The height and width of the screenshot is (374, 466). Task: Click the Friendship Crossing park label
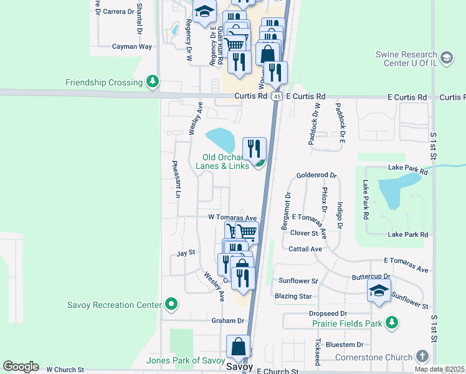coord(104,82)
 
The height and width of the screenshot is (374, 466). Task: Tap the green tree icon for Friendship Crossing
coord(152,82)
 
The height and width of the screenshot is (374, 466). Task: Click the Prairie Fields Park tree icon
coord(392,322)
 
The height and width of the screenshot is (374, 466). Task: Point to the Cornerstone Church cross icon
coord(422,356)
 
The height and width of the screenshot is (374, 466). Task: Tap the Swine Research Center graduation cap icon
coord(446,59)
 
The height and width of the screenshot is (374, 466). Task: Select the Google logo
coord(21,367)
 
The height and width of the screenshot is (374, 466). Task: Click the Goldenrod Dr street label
coord(316,176)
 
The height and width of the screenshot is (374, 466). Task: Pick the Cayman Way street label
coord(132,47)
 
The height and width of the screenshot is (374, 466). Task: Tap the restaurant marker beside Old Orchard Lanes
coord(254,149)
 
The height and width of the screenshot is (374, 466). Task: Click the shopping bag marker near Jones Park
coord(238,347)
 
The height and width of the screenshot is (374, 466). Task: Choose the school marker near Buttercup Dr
coord(379,291)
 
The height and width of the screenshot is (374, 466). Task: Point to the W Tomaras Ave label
coord(232,218)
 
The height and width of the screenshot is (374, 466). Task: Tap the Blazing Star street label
coord(293,296)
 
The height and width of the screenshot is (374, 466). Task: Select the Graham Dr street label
coord(227,320)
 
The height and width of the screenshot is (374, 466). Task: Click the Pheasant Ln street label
coord(176,180)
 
